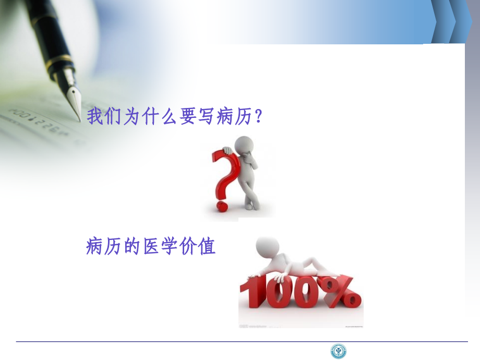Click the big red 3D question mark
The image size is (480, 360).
223,172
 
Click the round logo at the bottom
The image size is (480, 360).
339,351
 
